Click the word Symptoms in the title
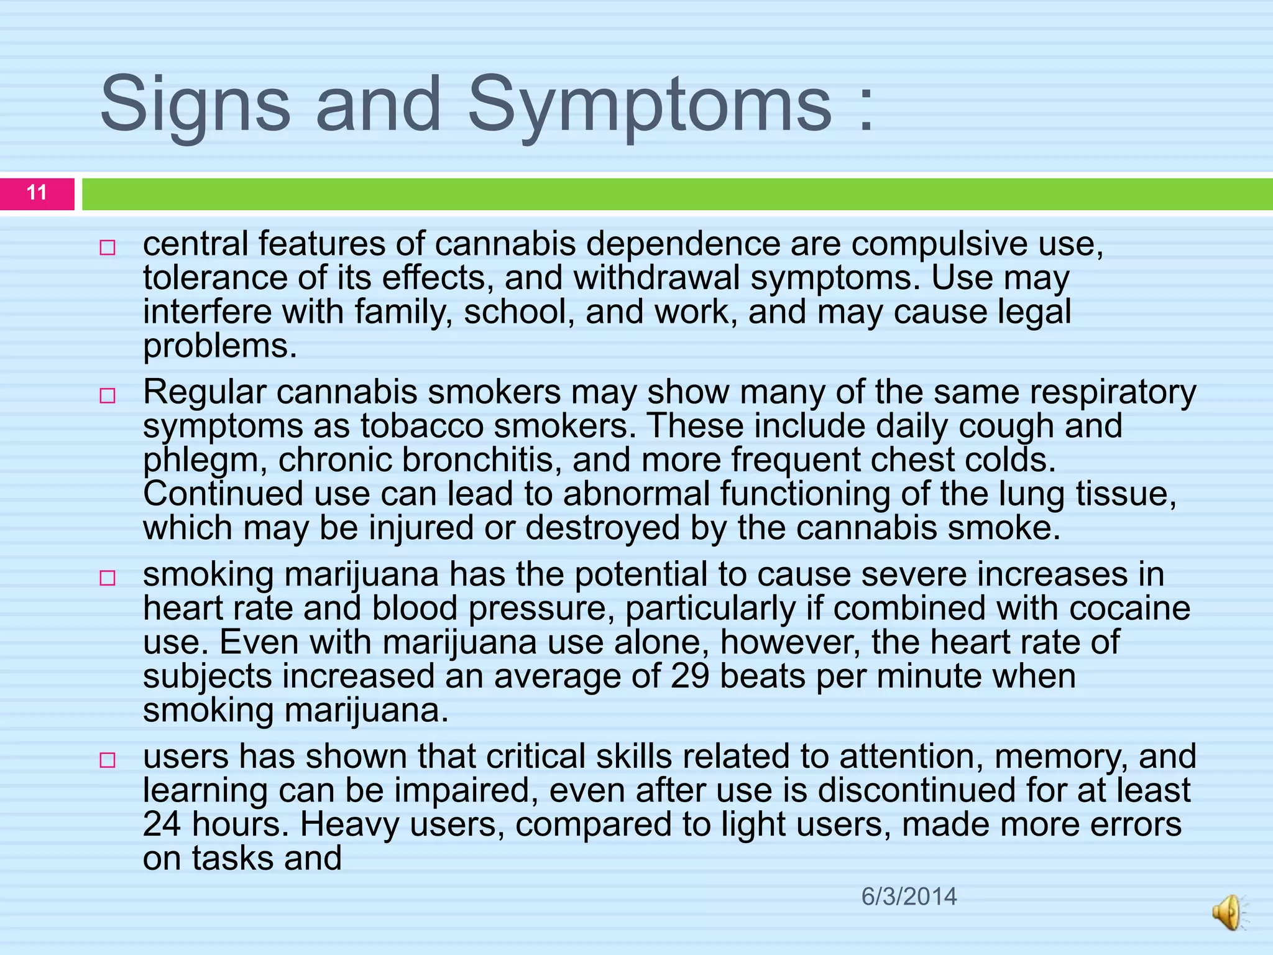click(x=649, y=106)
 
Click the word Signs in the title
click(x=195, y=106)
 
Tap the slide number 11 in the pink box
click(x=37, y=193)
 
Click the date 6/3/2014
click(x=909, y=897)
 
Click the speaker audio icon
click(x=1229, y=913)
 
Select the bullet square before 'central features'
click(x=108, y=248)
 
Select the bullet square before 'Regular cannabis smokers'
click(x=108, y=396)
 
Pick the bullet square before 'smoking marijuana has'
click(x=108, y=578)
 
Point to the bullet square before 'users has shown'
click(x=108, y=760)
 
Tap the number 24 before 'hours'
click(x=162, y=824)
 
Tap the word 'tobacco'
click(x=422, y=427)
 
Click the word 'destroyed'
click(x=602, y=528)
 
